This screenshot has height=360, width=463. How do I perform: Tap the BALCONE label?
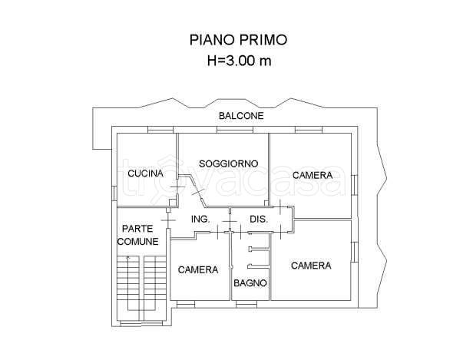point(241,117)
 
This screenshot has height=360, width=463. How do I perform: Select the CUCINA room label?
point(146,173)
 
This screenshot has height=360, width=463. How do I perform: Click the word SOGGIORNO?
point(228,163)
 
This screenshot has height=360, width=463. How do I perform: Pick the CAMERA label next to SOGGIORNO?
point(312,175)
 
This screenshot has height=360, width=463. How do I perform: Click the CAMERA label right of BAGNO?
point(310,266)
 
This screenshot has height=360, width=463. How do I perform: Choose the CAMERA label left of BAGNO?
point(198,269)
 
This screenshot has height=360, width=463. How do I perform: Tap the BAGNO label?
point(250,283)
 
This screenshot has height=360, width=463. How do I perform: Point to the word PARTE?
point(137,228)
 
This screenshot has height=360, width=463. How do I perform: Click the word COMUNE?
point(138,241)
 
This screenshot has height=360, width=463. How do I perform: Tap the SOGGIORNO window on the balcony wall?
point(225,128)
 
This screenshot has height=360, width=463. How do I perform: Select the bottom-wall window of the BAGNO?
point(247,304)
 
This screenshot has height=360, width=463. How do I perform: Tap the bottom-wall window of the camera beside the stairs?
point(186,304)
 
